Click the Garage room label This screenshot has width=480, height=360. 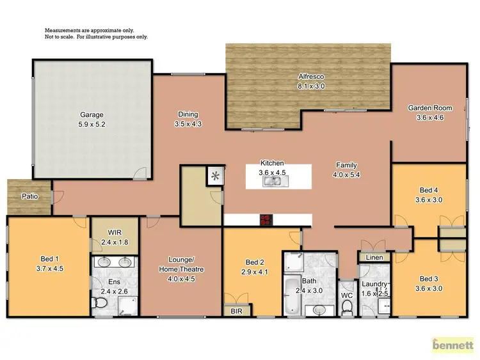tap(92, 115)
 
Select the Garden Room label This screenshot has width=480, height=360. tap(426, 108)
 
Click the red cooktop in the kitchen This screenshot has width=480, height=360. tap(266, 220)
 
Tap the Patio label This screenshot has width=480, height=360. tap(29, 196)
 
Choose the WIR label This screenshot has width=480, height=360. tap(115, 233)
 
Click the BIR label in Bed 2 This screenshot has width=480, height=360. tap(236, 311)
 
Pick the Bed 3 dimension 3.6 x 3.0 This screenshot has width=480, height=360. tap(429, 288)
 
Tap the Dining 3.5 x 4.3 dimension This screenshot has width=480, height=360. tap(189, 124)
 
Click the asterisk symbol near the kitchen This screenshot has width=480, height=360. tap(215, 173)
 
